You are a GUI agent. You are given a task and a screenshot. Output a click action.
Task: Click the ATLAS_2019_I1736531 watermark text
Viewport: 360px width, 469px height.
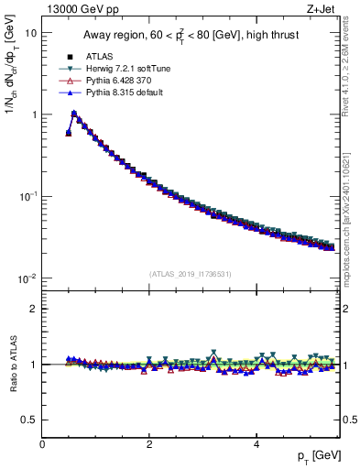click(x=191, y=274)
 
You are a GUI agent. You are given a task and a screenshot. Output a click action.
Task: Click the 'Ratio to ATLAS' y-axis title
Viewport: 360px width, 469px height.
click(x=13, y=364)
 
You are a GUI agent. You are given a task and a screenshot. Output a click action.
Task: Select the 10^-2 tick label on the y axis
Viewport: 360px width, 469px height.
click(x=27, y=278)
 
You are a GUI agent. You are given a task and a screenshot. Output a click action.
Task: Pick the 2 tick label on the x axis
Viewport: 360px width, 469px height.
click(x=149, y=444)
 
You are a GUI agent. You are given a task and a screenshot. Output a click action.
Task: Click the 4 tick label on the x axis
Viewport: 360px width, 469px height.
click(x=256, y=444)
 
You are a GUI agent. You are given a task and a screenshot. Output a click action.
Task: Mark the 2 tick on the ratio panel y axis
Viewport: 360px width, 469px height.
click(x=32, y=309)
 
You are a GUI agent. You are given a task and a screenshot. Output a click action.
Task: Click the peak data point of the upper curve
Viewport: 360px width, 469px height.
click(x=74, y=115)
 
